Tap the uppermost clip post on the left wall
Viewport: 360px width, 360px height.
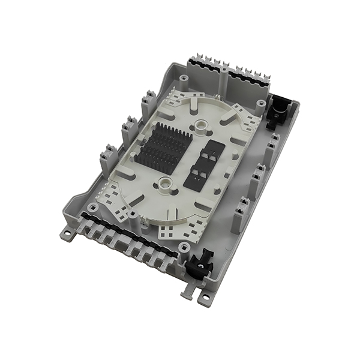[148, 104]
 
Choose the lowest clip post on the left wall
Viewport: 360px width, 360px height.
[108, 158]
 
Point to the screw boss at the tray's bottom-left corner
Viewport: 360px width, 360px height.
[91, 207]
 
